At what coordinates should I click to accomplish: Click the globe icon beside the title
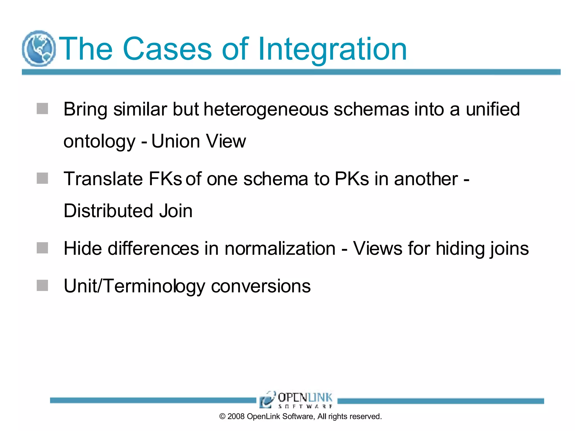pyautogui.click(x=39, y=49)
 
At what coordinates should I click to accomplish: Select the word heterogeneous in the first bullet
pyautogui.click(x=266, y=109)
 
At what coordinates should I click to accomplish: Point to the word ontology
pyautogui.click(x=99, y=141)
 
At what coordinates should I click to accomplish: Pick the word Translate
pyautogui.click(x=103, y=179)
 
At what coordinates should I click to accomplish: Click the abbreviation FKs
pyautogui.click(x=165, y=179)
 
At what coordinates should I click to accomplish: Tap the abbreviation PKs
pyautogui.click(x=352, y=179)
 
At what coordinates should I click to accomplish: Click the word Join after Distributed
pyautogui.click(x=176, y=211)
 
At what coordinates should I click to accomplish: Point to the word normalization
pyautogui.click(x=280, y=249)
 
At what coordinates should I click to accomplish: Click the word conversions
pyautogui.click(x=261, y=286)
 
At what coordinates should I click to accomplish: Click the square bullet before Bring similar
pyautogui.click(x=42, y=109)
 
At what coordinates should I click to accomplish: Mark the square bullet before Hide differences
pyautogui.click(x=42, y=248)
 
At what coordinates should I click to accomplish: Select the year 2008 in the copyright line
pyautogui.click(x=236, y=416)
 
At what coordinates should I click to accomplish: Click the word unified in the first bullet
pyautogui.click(x=493, y=109)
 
